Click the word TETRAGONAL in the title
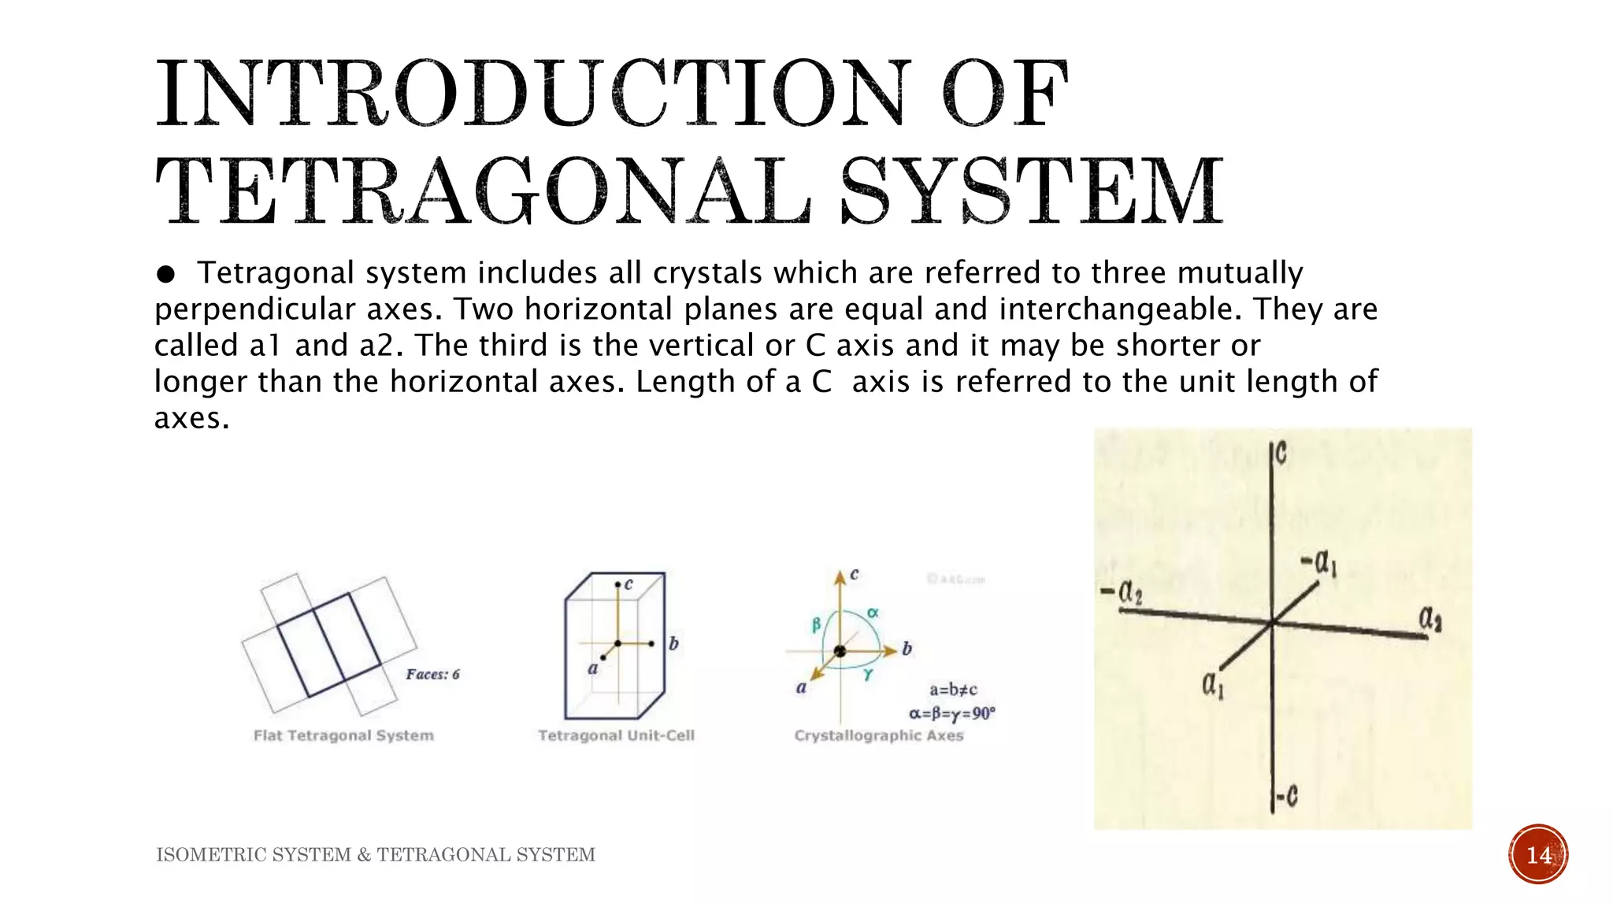pos(482,191)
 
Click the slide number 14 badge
pos(1538,854)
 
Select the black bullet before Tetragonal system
pos(165,274)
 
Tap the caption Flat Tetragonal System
pos(343,735)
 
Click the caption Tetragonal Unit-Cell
pos(616,735)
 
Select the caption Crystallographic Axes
pos(878,735)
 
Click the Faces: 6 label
pos(432,674)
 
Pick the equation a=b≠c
pos(953,690)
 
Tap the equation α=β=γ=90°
pos(952,713)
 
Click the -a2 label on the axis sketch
pos(1122,591)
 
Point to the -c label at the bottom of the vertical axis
pos(1286,797)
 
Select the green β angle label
pos(817,624)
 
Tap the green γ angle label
pos(868,675)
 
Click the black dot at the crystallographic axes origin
pos(840,651)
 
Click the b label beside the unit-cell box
pos(673,643)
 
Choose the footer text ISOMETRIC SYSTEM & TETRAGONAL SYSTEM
pos(376,855)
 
